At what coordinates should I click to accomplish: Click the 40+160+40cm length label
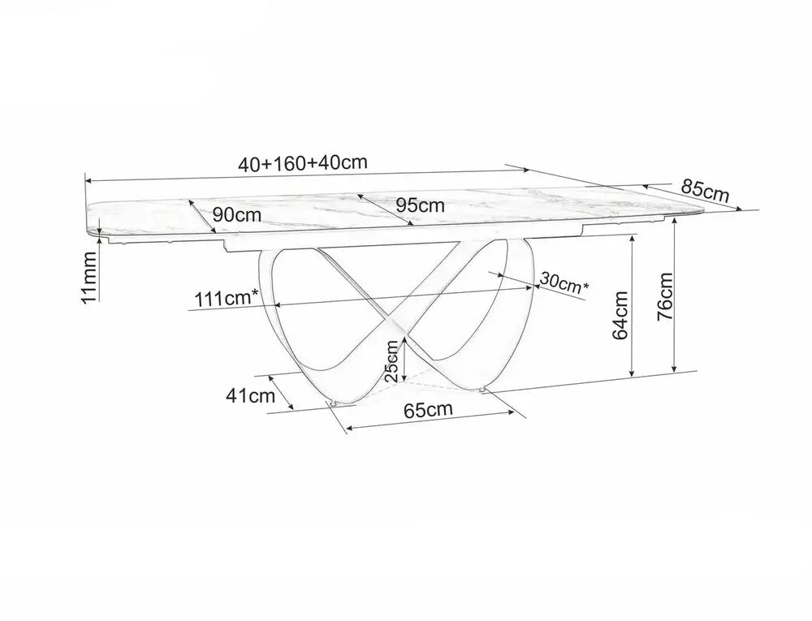[x=303, y=162]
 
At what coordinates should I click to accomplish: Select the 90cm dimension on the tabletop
[x=238, y=215]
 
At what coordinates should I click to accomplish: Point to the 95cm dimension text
[x=421, y=205]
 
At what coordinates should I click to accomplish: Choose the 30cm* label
[x=563, y=283]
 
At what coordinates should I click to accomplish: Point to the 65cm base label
[x=427, y=409]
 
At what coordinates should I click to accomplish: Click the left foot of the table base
[x=333, y=402]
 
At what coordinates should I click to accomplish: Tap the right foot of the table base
[x=485, y=392]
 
